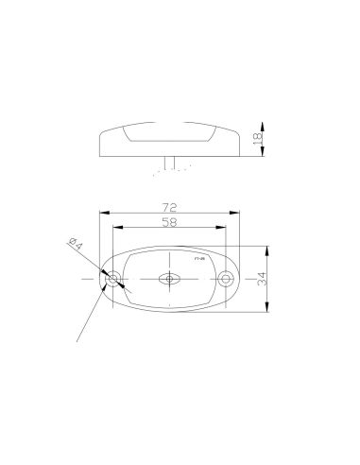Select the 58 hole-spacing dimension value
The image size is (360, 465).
[x=170, y=222]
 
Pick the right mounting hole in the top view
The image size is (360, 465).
[x=226, y=280]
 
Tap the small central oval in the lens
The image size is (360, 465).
[x=170, y=280]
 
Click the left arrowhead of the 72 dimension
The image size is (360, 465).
[x=101, y=213]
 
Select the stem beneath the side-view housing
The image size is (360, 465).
[x=169, y=164]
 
